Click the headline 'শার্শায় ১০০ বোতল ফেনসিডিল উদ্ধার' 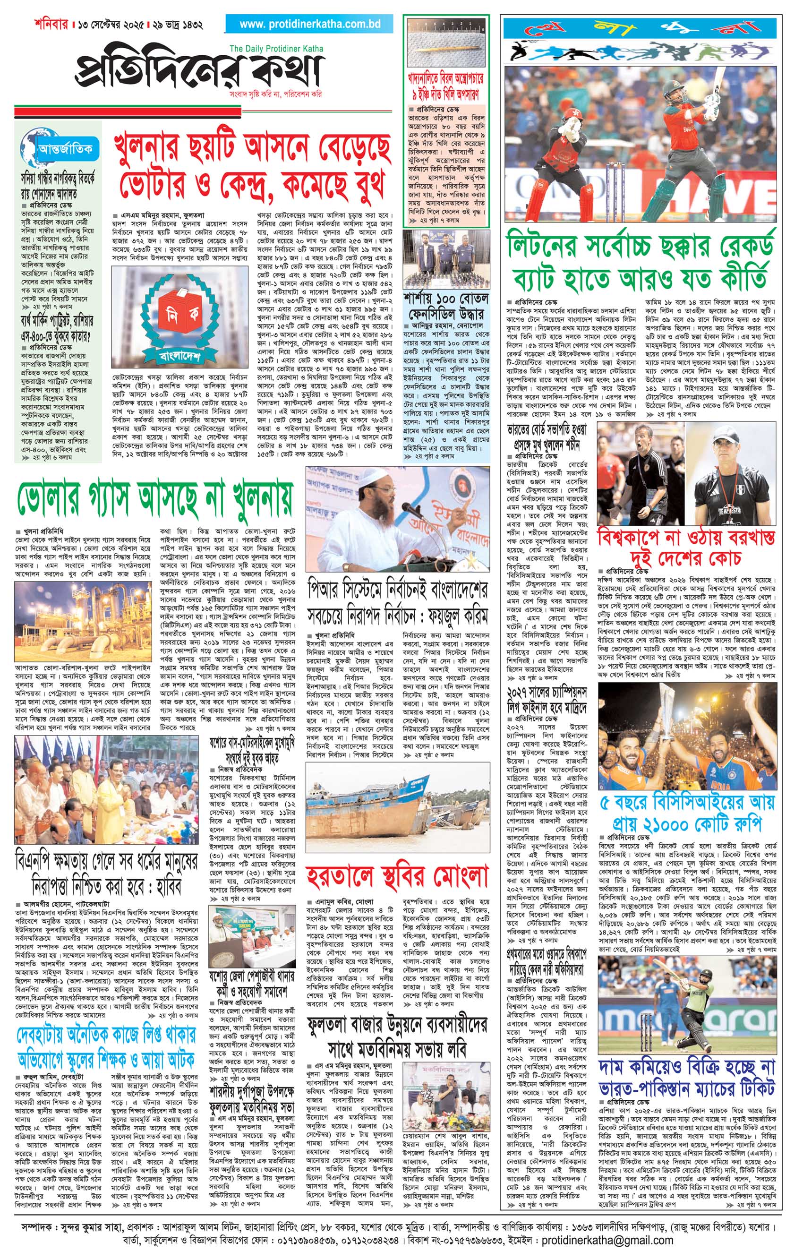click(446, 308)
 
